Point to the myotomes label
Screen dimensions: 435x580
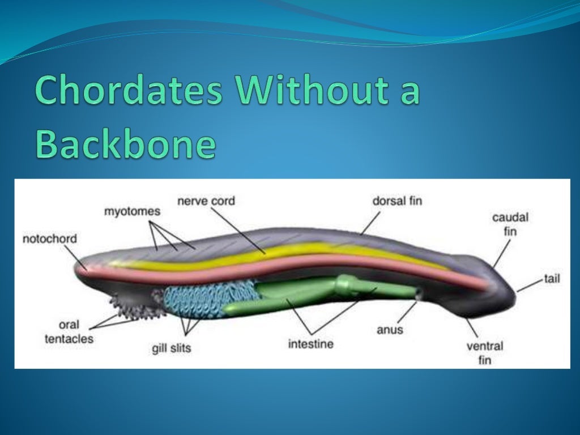tap(132, 211)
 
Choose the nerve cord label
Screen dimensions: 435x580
tap(206, 201)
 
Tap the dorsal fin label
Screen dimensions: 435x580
tap(396, 201)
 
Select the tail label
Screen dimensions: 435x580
tap(552, 279)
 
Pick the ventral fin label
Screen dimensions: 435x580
tap(485, 352)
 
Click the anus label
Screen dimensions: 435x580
tap(390, 329)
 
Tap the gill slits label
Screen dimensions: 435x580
tap(172, 348)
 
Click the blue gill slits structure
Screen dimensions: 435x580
tap(198, 300)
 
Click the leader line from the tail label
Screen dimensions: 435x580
tap(530, 285)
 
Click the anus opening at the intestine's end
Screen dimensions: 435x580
tap(419, 293)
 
